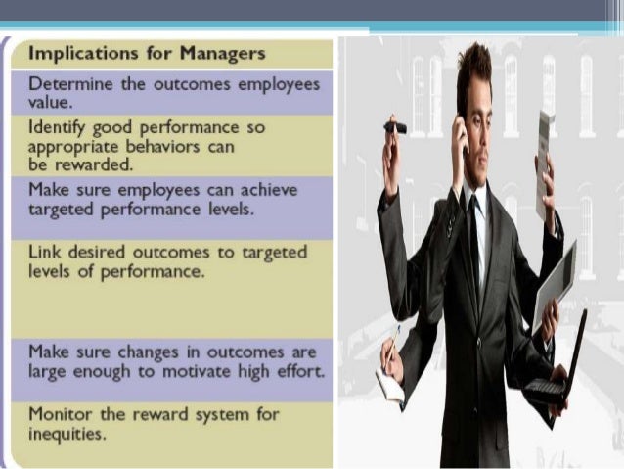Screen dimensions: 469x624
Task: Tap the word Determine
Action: (69, 84)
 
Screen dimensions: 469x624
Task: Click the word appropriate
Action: (71, 147)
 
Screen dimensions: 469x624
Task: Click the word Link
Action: (45, 253)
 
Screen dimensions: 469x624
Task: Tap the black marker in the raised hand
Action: (394, 127)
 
